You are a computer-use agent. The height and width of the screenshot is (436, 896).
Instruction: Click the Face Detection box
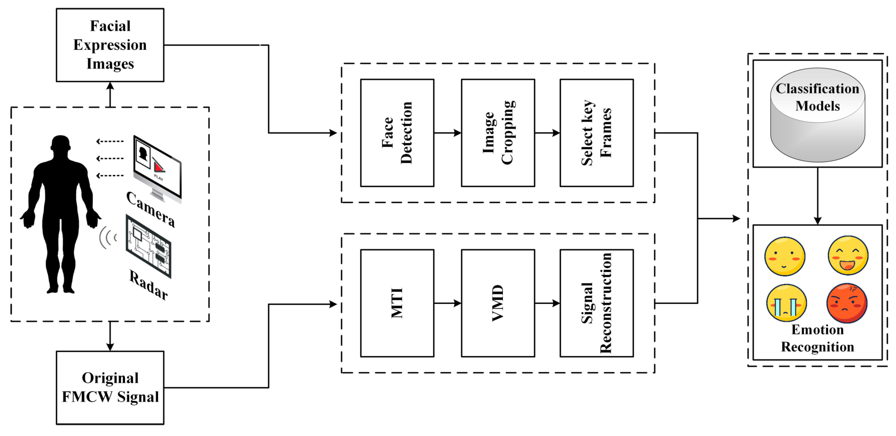397,133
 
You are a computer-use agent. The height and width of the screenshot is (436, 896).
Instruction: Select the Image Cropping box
498,133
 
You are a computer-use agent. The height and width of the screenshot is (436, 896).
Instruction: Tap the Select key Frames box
596,133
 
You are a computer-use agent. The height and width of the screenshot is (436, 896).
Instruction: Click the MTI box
397,303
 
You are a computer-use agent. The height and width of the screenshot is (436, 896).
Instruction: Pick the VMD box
498,303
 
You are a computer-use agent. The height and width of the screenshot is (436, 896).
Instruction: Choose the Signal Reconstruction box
596,303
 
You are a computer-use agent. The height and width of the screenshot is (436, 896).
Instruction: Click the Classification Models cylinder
817,115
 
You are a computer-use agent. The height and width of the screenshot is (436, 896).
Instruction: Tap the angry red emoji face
847,303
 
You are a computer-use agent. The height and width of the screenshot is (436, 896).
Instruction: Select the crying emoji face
786,303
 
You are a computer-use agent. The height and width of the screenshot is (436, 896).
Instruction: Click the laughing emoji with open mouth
848,255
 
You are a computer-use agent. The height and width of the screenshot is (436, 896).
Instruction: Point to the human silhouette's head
61,144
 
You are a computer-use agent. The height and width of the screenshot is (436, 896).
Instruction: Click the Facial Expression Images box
110,45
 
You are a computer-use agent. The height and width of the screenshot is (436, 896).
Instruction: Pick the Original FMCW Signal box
110,387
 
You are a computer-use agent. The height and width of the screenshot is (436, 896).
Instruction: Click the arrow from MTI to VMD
447,303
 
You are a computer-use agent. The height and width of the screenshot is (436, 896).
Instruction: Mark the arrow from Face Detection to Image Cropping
447,133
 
